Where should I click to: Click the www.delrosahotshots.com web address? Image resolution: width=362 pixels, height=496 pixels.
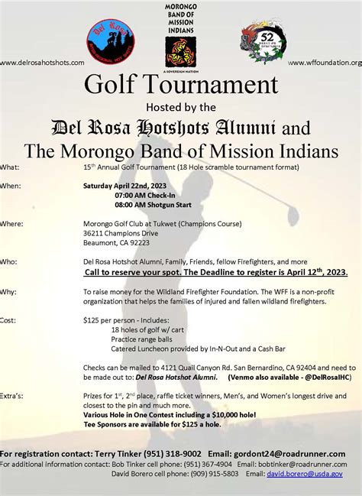42,62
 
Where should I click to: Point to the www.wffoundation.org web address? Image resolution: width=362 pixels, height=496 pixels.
325,62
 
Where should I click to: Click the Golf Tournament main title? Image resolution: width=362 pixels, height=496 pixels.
181,83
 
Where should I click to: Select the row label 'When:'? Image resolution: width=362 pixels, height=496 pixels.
11,185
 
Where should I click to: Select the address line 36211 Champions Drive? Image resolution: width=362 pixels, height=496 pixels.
121,232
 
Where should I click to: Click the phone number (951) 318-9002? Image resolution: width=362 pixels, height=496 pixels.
172,453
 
